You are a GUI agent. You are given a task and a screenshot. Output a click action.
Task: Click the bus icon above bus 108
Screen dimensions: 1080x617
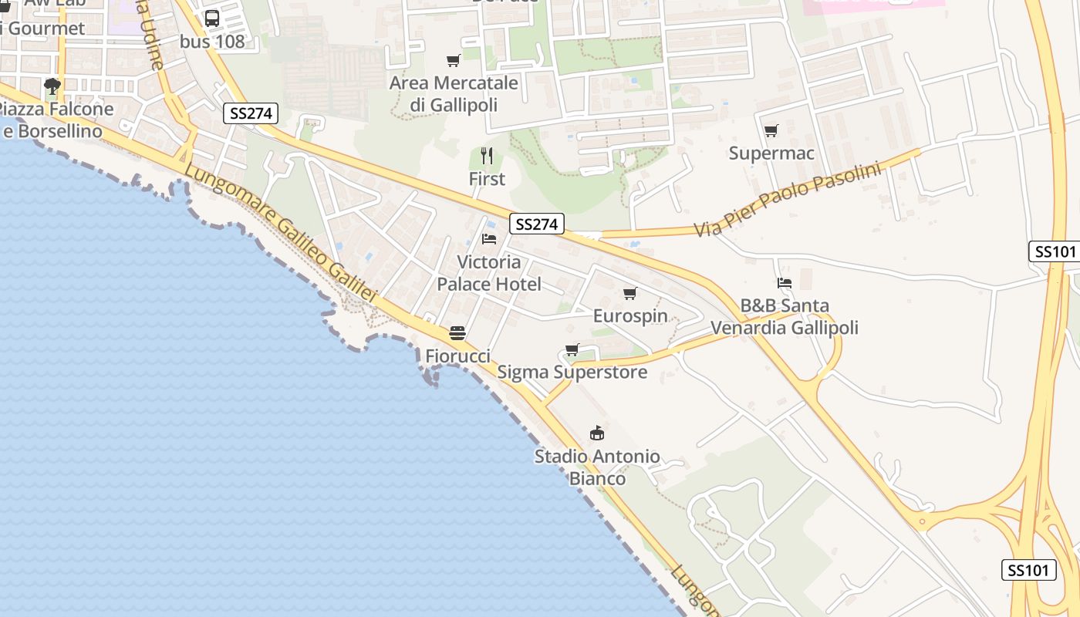[212, 19]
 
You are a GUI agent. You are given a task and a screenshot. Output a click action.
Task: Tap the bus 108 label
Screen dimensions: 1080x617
[212, 42]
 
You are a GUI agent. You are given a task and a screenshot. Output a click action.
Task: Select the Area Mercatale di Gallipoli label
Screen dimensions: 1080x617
[454, 93]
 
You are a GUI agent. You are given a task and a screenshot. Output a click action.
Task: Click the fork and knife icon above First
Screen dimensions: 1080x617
[487, 157]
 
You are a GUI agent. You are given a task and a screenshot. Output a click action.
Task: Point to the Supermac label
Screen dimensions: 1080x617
[771, 153]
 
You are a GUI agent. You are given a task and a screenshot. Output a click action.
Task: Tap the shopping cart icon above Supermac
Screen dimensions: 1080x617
[771, 131]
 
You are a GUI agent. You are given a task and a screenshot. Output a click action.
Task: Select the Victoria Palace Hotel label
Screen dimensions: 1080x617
[489, 273]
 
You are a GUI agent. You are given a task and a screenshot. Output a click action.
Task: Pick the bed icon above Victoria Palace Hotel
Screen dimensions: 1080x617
[489, 239]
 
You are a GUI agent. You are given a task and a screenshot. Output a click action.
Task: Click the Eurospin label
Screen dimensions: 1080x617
[630, 316]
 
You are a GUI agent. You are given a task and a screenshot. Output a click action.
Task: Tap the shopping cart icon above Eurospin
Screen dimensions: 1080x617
[630, 294]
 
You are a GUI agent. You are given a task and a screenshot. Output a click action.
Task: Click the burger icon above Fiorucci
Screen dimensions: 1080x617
[457, 333]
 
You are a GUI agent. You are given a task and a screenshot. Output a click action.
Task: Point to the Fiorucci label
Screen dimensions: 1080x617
[457, 356]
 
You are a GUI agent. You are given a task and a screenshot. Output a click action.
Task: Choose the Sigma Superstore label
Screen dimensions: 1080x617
[572, 373]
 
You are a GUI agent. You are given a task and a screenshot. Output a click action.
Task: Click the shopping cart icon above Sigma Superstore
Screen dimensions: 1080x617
[572, 350]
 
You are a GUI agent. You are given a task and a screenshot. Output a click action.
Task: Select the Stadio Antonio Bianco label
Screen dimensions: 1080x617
[597, 467]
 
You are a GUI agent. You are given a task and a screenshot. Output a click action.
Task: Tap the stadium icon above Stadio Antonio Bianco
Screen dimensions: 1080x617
[597, 433]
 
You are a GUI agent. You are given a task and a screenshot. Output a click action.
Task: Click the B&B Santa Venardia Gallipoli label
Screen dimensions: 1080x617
[785, 317]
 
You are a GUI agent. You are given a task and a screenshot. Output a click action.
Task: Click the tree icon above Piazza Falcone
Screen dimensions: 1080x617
[52, 86]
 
